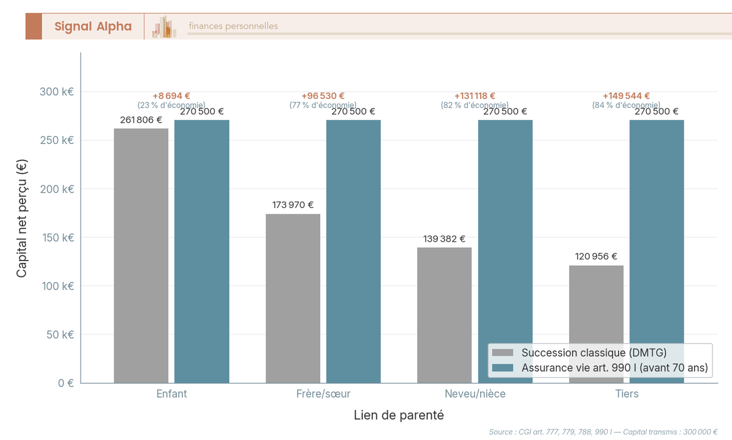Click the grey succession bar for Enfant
tap(141, 256)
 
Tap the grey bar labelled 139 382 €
tap(444, 315)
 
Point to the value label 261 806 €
tap(141, 120)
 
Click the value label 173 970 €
tap(293, 205)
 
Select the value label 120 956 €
tap(596, 256)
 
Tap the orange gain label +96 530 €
tap(323, 96)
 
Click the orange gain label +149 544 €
tap(626, 96)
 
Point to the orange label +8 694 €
tap(171, 96)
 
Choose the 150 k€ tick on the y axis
tap(57, 237)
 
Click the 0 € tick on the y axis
tap(65, 383)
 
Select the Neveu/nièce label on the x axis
tap(475, 394)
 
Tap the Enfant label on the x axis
tap(171, 394)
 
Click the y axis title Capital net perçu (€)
tap(21, 218)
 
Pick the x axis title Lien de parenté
tap(398, 416)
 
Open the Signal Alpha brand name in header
tap(93, 26)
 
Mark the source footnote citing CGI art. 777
tap(603, 432)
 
